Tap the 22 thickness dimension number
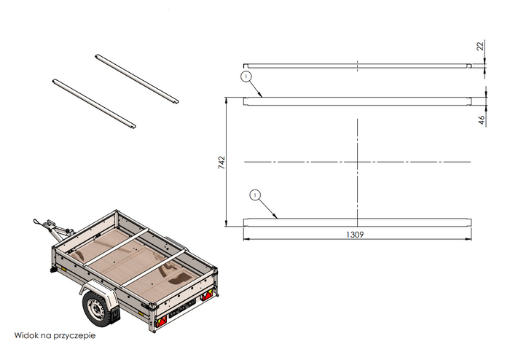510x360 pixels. point(480,46)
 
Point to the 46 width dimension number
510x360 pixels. point(482,120)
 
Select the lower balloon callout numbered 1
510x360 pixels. point(255,195)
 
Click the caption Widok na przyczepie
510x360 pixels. point(55,336)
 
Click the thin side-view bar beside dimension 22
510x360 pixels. point(356,66)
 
